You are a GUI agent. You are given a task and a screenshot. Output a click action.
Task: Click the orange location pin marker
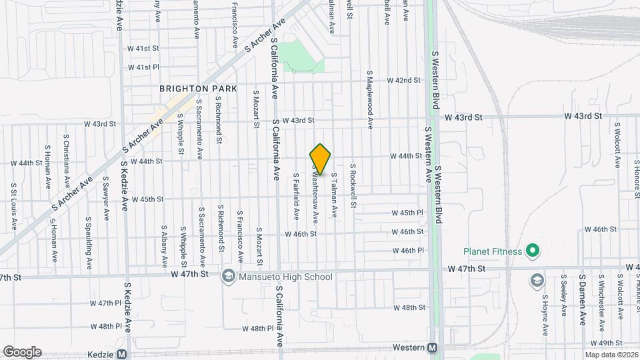coord(321,159)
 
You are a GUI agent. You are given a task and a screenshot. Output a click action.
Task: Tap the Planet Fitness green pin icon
coord(532,251)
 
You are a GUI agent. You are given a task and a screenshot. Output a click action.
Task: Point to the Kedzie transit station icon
coord(121,355)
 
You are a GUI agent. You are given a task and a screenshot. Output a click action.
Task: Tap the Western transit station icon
coord(432,347)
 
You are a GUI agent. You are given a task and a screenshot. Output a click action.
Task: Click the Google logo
coord(22,352)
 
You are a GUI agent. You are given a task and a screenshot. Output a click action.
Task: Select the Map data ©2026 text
coord(611,355)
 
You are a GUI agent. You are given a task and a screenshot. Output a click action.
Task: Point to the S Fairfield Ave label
coord(296,197)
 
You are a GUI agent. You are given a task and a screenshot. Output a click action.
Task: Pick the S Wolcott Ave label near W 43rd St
coord(617,144)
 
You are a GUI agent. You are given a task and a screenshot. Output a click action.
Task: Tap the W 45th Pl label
coord(411,213)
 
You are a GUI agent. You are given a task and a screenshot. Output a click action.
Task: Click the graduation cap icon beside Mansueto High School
coord(228,276)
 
